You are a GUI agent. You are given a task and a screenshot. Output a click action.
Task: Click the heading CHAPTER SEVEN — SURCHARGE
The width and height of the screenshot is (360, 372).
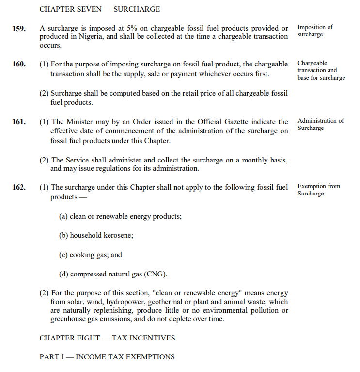click(x=99, y=9)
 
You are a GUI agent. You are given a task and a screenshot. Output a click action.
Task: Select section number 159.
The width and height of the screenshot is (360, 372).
click(x=19, y=28)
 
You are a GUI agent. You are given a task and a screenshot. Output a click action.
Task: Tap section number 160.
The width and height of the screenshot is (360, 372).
click(x=19, y=64)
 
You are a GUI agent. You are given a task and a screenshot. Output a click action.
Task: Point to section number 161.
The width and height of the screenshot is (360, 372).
click(x=19, y=122)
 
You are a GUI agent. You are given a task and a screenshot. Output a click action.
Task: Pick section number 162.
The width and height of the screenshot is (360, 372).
click(x=19, y=187)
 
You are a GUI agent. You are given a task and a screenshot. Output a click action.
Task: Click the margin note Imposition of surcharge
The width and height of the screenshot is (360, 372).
click(x=315, y=31)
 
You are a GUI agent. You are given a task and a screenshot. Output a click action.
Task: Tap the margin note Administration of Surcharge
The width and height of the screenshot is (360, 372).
click(x=320, y=124)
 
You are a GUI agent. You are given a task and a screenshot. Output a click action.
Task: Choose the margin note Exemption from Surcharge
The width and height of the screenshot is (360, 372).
click(x=318, y=190)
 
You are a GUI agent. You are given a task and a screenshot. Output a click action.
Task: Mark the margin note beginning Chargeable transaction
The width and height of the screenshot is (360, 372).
click(x=321, y=70)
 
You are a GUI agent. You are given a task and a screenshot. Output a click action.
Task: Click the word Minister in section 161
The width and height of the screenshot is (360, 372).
click(x=79, y=122)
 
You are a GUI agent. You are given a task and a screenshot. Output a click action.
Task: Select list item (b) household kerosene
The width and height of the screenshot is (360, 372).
click(x=96, y=235)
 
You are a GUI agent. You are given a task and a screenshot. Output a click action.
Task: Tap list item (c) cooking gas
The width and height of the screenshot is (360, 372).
click(x=91, y=255)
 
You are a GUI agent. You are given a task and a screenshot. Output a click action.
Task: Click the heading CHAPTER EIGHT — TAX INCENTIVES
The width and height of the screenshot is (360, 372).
click(x=107, y=338)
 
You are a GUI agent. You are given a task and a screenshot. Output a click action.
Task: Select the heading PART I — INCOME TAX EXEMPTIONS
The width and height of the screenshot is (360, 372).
click(x=107, y=357)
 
